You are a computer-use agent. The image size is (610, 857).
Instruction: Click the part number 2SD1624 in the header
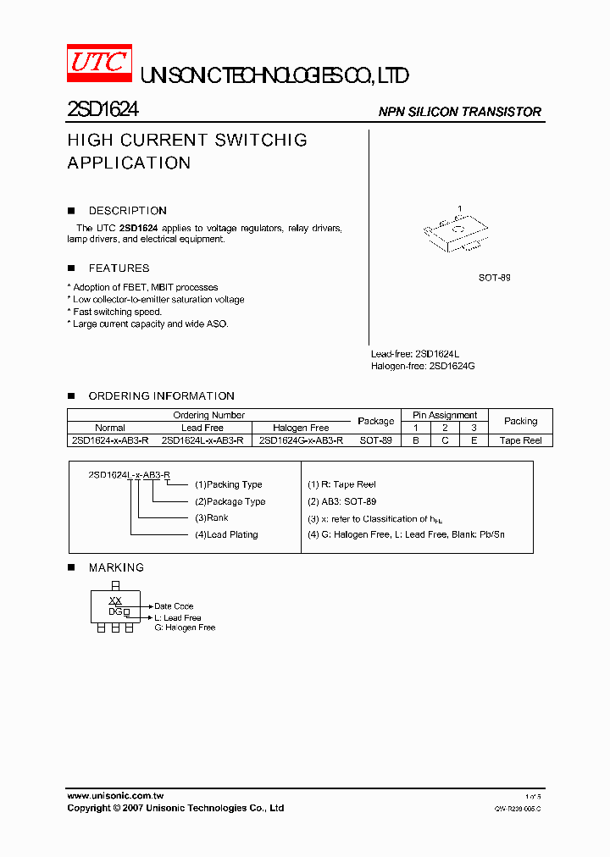[x=103, y=109]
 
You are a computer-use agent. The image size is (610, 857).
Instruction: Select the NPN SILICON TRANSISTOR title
[x=459, y=112]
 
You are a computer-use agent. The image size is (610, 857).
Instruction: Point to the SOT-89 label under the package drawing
[x=494, y=278]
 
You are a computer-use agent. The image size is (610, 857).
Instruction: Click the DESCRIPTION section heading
[x=127, y=211]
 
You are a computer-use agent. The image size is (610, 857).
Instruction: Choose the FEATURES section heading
[x=119, y=268]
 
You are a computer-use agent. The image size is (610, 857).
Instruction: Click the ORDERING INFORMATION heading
[x=161, y=396]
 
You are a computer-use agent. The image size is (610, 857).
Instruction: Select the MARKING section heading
[x=116, y=568]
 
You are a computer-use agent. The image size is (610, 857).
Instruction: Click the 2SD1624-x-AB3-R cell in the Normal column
[x=110, y=440]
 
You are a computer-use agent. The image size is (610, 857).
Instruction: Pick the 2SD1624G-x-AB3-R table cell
[x=301, y=440]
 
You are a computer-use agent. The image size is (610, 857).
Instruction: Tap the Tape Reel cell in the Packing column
[x=520, y=440]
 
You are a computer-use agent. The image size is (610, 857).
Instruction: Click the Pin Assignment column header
[x=445, y=415]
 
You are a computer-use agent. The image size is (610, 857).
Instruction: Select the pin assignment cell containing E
[x=474, y=440]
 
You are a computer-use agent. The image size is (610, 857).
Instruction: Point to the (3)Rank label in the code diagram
[x=211, y=517]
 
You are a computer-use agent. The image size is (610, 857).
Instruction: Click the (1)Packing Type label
[x=228, y=484]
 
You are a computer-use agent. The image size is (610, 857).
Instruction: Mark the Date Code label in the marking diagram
[x=174, y=606]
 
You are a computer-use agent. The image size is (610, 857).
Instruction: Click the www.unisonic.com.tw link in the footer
[x=115, y=796]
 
